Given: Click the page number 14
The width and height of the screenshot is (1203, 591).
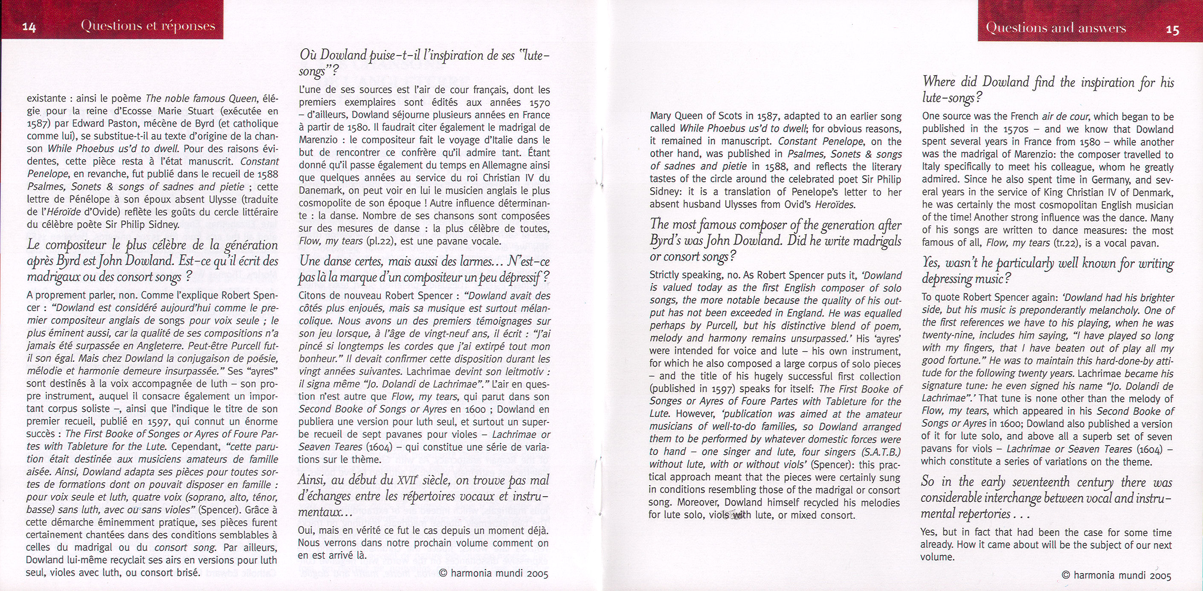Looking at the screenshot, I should point(29,28).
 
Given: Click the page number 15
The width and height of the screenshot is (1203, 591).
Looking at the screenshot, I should point(1173,30).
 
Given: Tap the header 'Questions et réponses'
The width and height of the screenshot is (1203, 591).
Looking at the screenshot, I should point(148,26).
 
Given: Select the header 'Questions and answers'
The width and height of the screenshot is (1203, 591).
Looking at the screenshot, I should point(1056,28).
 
